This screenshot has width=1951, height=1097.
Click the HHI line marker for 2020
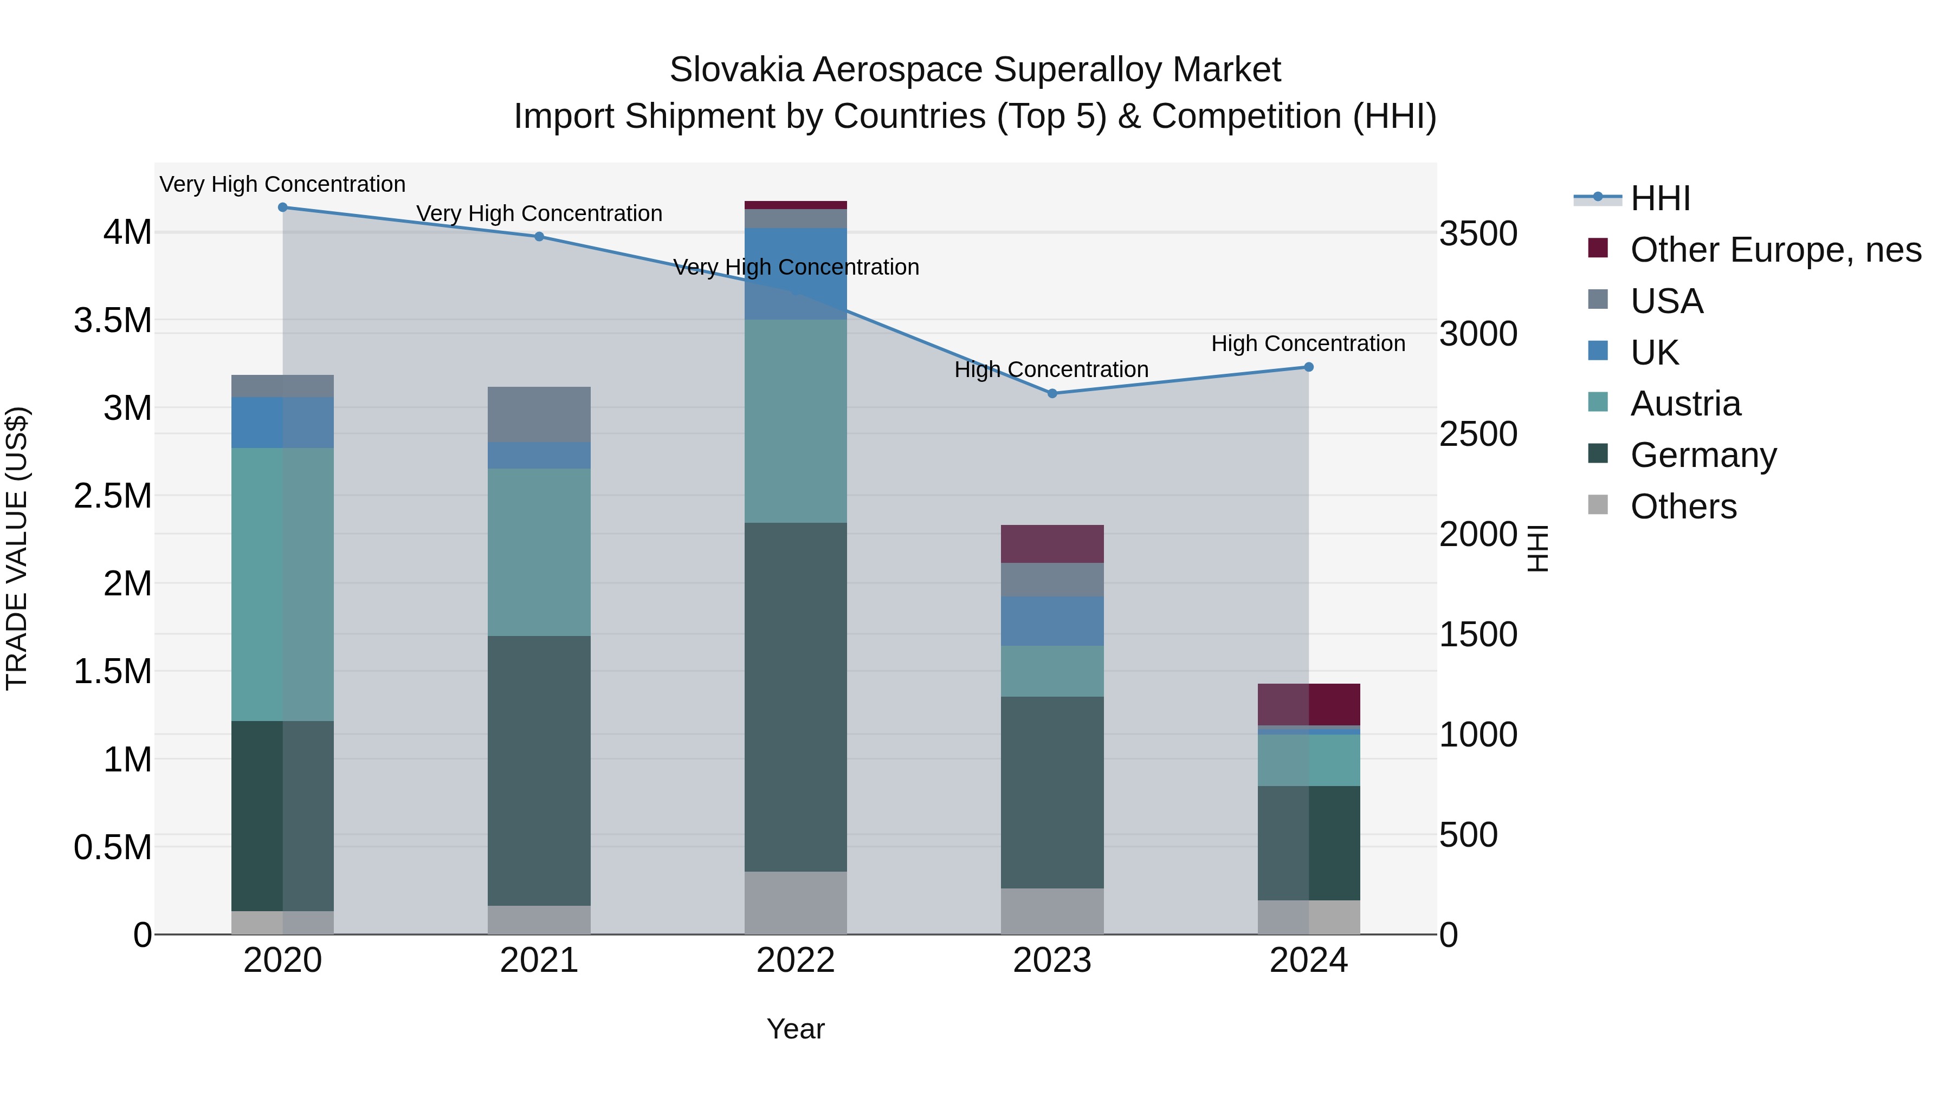[282, 207]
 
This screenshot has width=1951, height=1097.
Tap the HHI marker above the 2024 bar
[1308, 367]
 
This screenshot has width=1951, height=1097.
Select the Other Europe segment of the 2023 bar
[1052, 543]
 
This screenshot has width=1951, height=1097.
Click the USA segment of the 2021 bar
[539, 414]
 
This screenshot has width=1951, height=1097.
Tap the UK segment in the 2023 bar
[1052, 621]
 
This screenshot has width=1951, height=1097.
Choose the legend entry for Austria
[1684, 404]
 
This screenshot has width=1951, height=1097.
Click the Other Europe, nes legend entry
[1774, 250]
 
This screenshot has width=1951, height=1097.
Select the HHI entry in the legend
[1659, 198]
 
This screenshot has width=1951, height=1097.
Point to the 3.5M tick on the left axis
[112, 320]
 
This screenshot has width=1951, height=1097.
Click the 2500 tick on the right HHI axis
[1478, 434]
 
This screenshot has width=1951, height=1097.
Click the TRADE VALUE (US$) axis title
[17, 548]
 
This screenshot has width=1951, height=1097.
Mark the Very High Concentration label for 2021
[539, 213]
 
